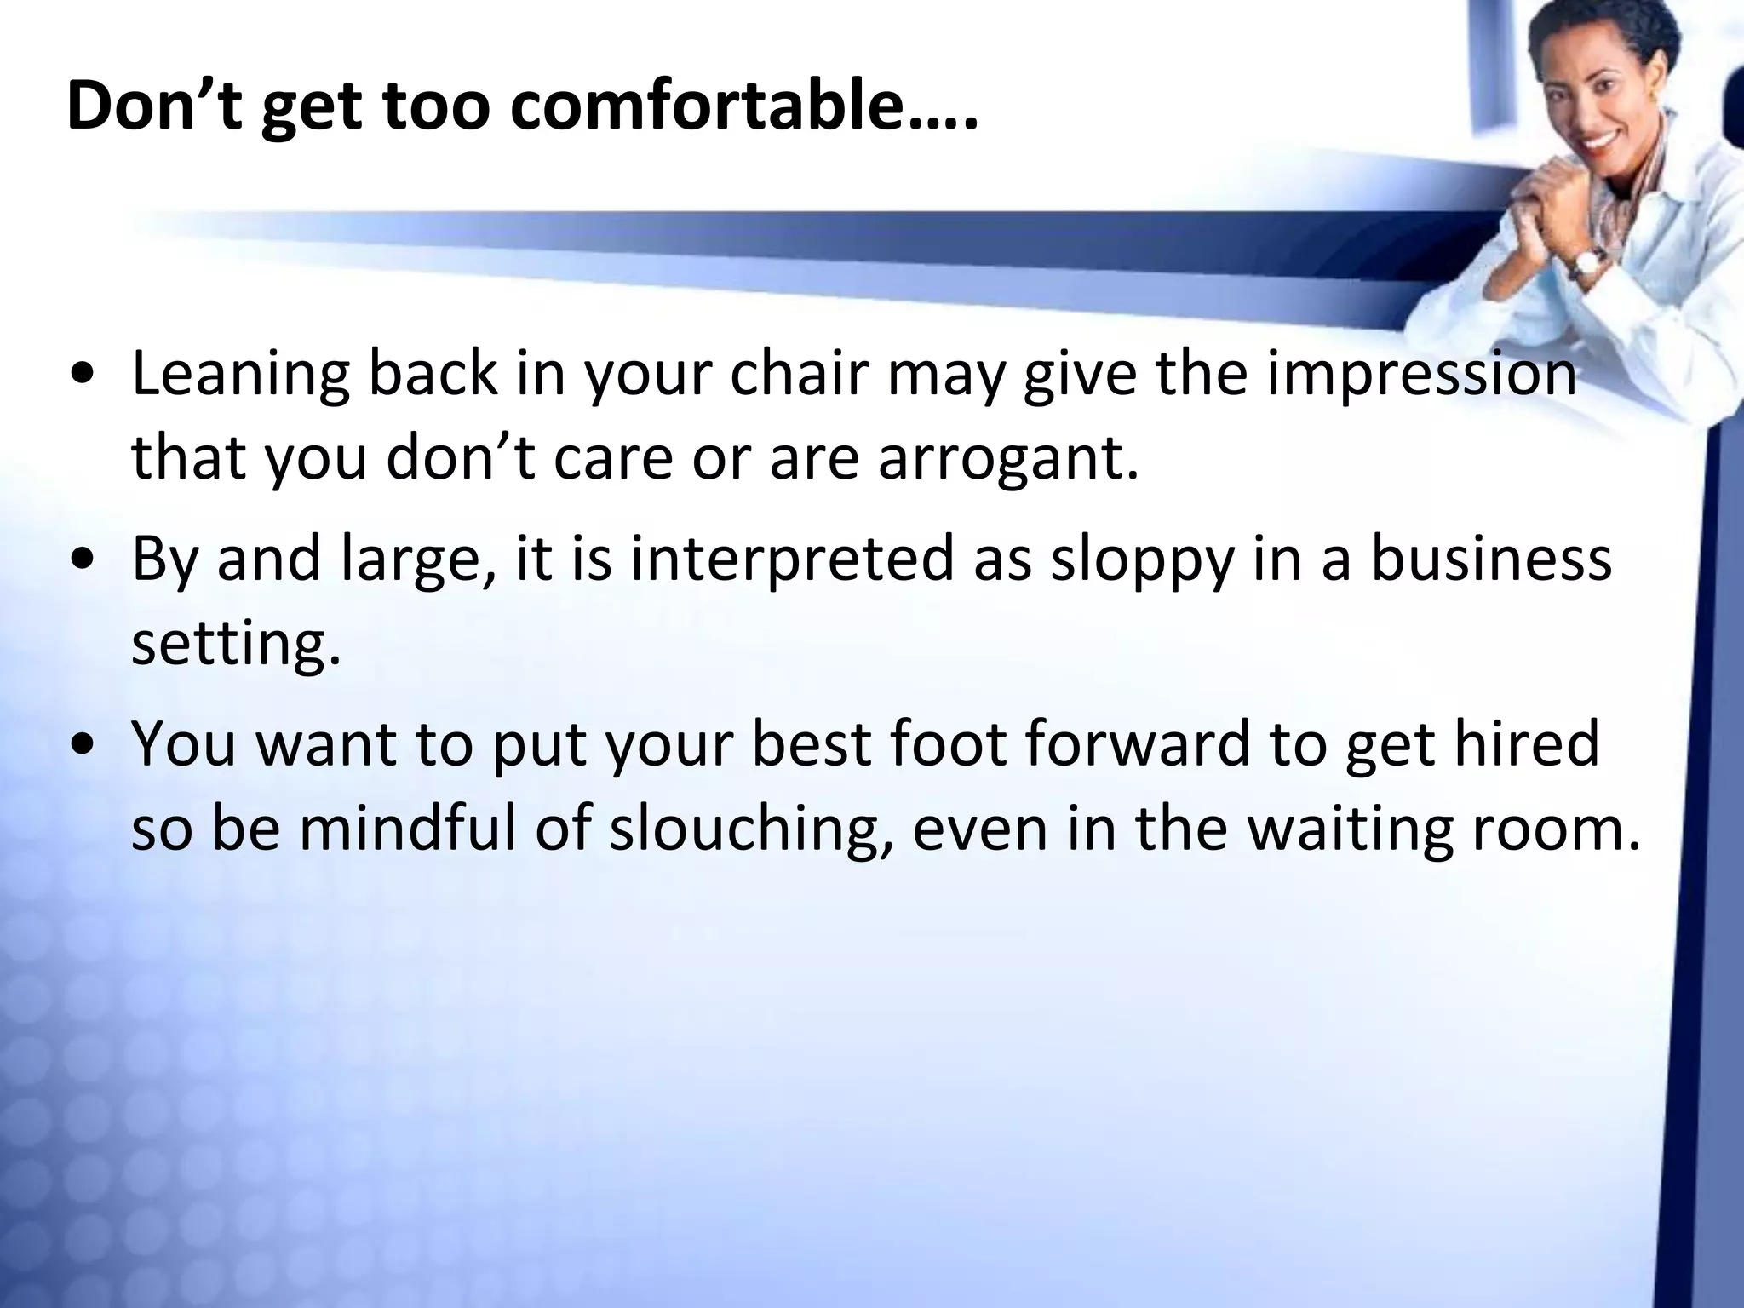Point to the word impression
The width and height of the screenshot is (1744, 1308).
tap(1420, 376)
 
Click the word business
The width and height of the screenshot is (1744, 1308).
tap(1490, 559)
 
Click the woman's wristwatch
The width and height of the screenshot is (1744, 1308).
tap(1586, 264)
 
